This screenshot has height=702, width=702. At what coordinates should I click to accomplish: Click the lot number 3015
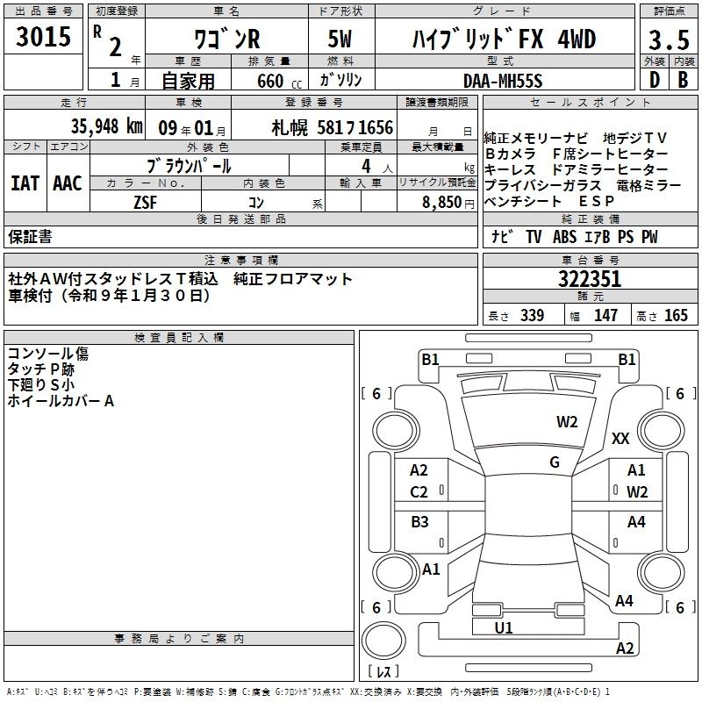click(x=43, y=36)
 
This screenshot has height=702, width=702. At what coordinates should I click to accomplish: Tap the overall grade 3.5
click(x=669, y=40)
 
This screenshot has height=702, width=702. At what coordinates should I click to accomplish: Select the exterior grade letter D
click(x=655, y=80)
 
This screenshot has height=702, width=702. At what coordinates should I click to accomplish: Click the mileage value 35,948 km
click(x=106, y=126)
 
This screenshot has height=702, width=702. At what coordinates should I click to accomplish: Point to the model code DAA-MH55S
click(x=503, y=81)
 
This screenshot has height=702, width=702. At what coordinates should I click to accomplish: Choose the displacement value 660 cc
click(x=279, y=81)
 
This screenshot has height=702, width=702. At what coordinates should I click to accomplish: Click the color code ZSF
click(x=145, y=203)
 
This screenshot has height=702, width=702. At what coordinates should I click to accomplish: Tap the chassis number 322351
click(x=590, y=279)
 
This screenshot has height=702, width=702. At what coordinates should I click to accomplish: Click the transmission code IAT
click(x=25, y=183)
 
